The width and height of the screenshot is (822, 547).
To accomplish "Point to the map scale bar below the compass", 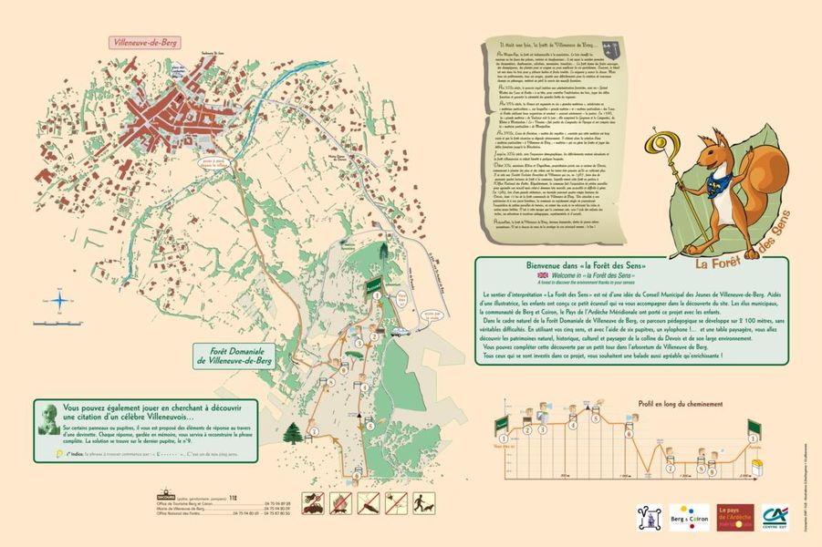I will pos(57,323).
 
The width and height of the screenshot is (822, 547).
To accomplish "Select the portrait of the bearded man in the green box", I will pos(48,418).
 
